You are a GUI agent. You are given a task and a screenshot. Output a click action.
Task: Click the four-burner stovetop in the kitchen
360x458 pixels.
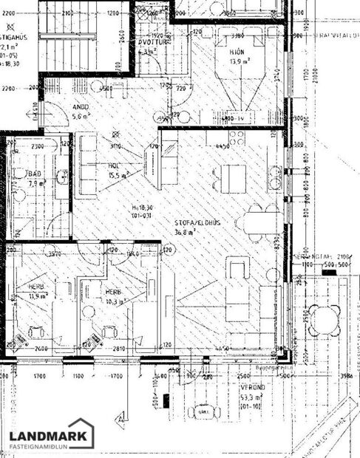237,137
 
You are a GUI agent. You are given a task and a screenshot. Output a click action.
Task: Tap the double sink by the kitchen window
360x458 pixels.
275,177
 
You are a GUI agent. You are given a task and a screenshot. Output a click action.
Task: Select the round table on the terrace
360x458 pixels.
323,319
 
